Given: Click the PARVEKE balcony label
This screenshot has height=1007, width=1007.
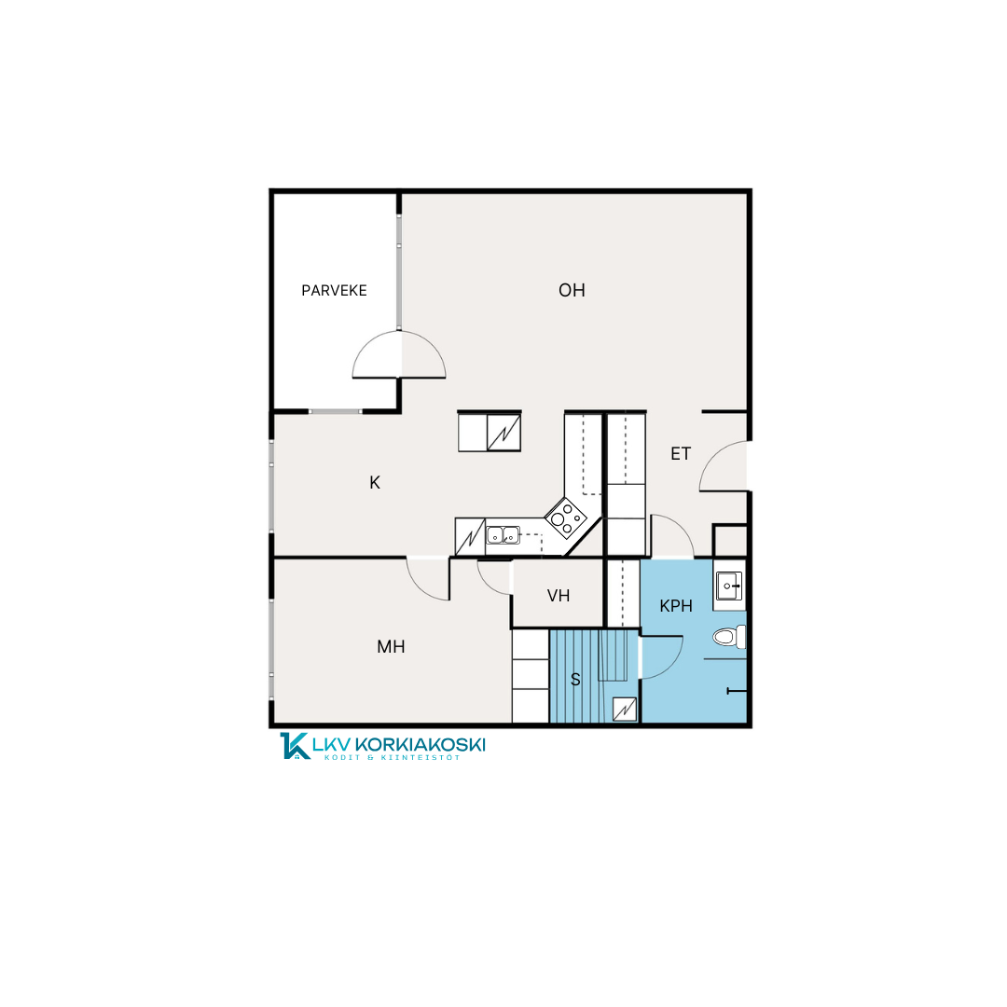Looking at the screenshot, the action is [334, 290].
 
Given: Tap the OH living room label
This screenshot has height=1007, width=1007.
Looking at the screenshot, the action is [572, 290].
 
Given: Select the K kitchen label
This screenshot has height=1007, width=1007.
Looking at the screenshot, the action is [375, 482].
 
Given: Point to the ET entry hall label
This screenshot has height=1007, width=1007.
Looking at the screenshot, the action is [681, 454].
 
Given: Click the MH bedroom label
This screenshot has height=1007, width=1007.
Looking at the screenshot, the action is [391, 647].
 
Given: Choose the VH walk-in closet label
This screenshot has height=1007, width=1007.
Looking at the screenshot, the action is [559, 596].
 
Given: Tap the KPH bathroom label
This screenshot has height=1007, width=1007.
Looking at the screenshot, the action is [676, 606].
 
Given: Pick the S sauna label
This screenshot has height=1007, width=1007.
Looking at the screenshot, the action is [575, 680].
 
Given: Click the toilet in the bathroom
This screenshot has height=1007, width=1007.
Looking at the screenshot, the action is [729, 637].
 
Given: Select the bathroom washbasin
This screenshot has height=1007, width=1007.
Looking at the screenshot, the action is [729, 586].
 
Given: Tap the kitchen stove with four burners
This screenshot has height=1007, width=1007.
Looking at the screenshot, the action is [566, 517].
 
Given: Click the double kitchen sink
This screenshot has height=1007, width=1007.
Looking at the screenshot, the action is [503, 535].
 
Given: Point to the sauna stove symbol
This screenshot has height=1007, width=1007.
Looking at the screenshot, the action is [624, 710].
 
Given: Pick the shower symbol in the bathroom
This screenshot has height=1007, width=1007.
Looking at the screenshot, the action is [737, 691].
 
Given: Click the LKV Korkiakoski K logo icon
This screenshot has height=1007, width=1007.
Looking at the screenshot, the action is [295, 746].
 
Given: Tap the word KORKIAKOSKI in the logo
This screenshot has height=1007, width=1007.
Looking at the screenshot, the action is [420, 745].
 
